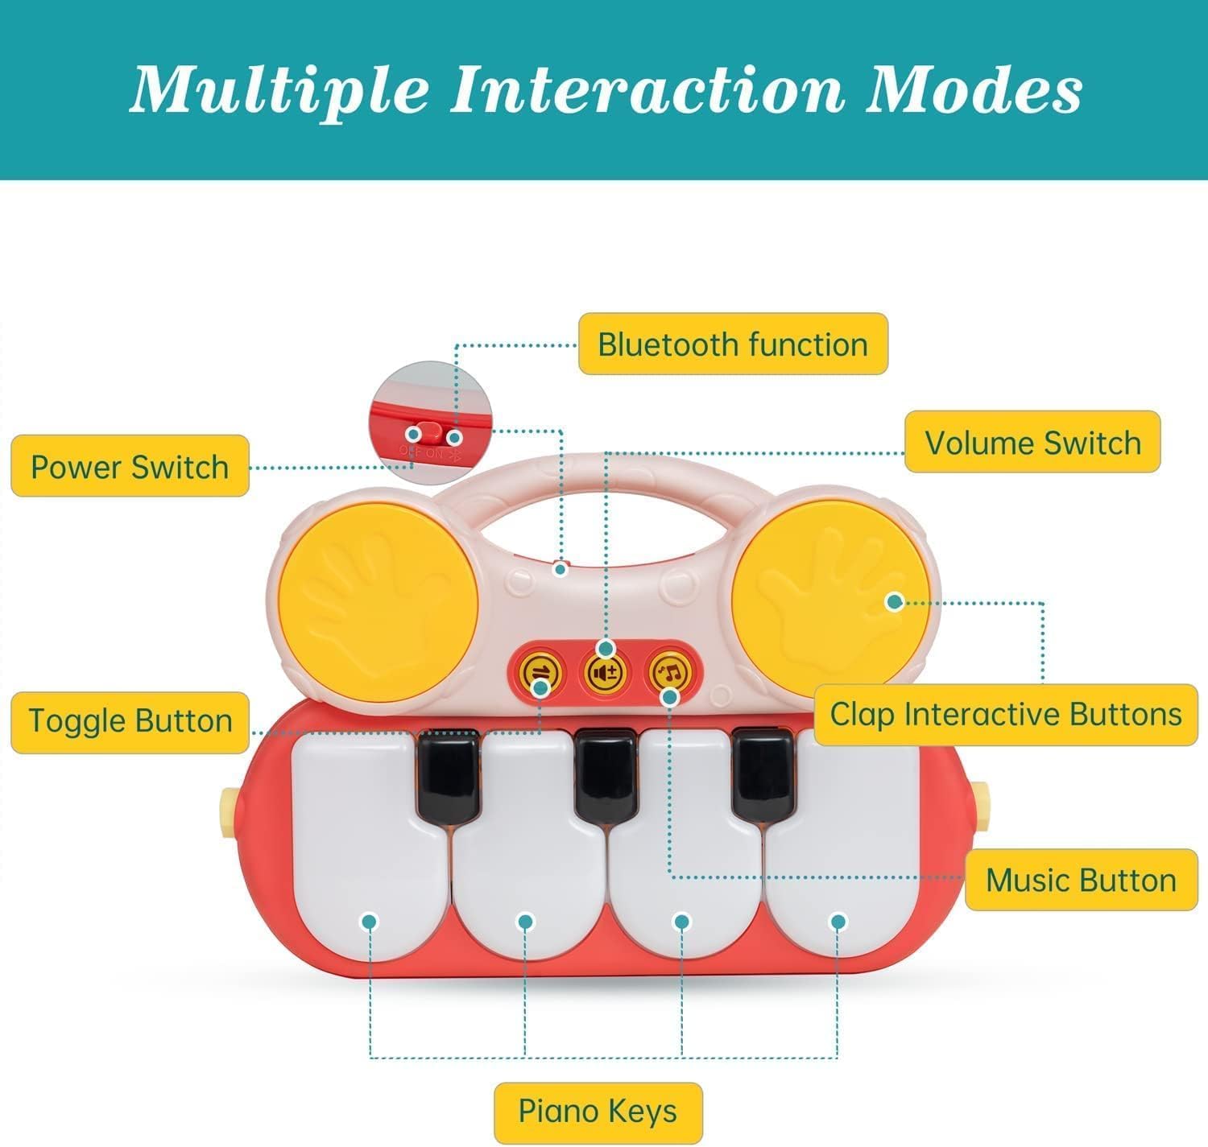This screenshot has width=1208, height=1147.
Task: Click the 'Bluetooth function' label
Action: [733, 345]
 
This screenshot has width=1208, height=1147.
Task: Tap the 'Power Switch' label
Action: [130, 467]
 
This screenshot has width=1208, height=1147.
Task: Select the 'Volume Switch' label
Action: [1032, 443]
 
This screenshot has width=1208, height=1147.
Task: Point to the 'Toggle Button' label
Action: [130, 720]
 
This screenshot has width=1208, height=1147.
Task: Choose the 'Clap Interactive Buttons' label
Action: [1006, 714]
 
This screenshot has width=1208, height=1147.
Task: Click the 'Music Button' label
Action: [1081, 880]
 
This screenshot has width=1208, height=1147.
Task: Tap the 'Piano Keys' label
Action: [598, 1111]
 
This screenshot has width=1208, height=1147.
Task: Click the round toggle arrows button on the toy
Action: [537, 672]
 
